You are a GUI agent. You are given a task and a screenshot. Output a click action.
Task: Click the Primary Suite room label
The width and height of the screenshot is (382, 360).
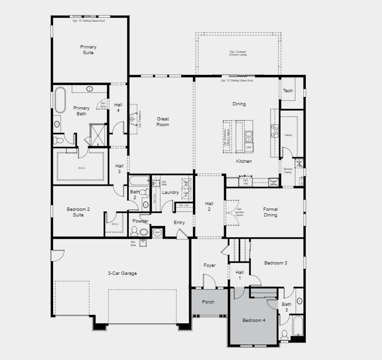(88, 50)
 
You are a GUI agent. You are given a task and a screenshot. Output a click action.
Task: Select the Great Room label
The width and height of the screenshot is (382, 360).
(163, 122)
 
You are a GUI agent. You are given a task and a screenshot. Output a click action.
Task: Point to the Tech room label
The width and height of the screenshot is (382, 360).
(288, 91)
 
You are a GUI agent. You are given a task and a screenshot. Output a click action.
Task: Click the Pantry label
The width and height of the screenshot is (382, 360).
(288, 135)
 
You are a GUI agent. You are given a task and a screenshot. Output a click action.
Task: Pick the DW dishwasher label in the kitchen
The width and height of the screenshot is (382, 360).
(249, 147)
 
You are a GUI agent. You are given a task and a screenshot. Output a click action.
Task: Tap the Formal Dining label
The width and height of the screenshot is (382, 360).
(271, 212)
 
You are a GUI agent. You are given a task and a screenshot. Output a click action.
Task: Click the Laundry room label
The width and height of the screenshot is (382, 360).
(170, 192)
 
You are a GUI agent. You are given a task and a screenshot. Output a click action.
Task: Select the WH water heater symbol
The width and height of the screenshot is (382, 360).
(157, 232)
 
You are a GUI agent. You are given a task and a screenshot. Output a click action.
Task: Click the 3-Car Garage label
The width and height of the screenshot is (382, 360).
(122, 273)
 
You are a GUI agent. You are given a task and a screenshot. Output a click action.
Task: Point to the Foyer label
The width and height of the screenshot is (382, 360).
(209, 265)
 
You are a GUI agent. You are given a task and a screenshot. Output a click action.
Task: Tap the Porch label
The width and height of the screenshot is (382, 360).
(208, 302)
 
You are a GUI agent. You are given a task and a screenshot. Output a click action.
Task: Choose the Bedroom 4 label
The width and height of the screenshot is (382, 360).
(254, 320)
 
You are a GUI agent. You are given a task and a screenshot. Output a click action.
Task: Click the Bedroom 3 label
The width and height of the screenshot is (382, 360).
(275, 263)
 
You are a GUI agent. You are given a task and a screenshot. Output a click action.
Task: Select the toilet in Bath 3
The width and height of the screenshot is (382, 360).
(284, 335)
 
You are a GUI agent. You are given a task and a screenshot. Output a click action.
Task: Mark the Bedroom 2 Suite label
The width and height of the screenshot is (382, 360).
(78, 212)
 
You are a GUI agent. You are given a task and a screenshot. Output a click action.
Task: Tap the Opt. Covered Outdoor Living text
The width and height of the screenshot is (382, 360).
(238, 53)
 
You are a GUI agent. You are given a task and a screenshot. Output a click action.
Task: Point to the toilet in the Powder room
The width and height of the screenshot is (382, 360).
(134, 231)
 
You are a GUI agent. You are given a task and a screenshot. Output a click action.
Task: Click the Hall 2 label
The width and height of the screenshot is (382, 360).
(209, 206)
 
